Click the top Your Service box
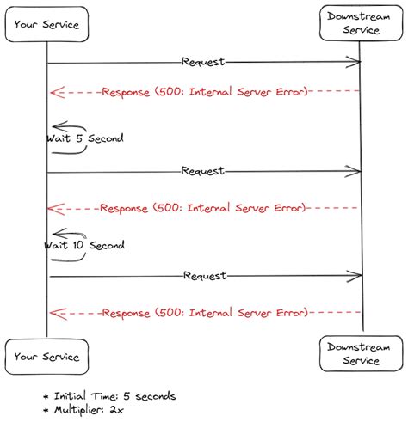coord(47,25)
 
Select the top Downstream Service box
coord(361,23)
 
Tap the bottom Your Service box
coord(47,357)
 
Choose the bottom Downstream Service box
coord(362,354)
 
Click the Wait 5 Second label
coord(85,138)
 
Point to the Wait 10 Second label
coord(84,245)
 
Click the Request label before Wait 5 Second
coord(203,62)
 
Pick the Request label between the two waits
coord(203,170)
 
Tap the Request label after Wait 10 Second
coord(205,276)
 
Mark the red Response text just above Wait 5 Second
coord(204,91)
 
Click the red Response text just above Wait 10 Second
coord(203,207)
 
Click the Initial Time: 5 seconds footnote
coord(114,396)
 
